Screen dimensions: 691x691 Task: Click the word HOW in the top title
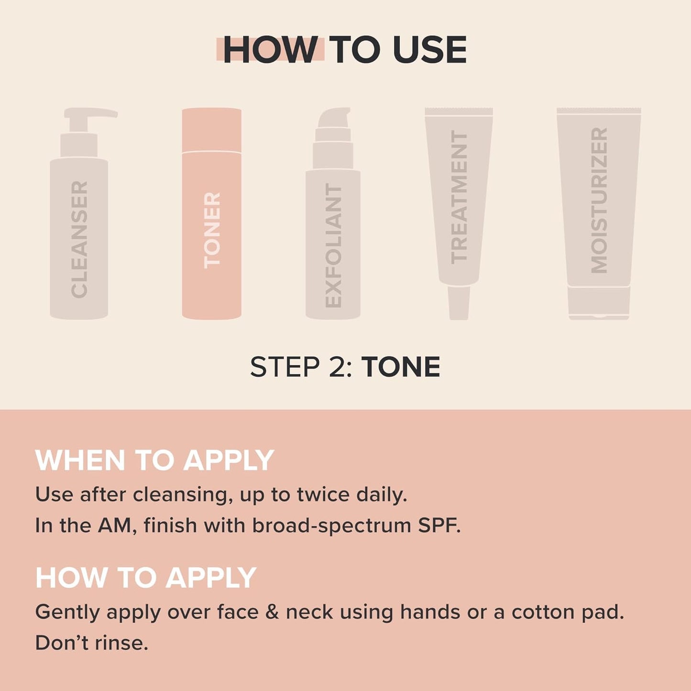click(x=271, y=50)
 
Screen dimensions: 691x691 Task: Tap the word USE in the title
click(x=429, y=50)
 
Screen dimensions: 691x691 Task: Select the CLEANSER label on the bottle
click(x=79, y=239)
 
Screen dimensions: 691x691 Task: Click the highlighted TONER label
click(x=212, y=230)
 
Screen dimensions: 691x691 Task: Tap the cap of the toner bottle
click(x=211, y=130)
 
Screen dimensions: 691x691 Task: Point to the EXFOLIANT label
click(x=333, y=245)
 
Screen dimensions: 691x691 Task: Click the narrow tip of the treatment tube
click(x=459, y=303)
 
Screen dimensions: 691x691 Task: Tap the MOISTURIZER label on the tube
click(x=599, y=200)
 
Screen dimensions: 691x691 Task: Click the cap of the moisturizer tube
click(x=599, y=302)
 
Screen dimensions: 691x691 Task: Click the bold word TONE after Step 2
click(x=400, y=367)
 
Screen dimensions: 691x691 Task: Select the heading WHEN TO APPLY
click(x=154, y=460)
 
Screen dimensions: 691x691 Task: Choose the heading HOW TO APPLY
click(x=146, y=578)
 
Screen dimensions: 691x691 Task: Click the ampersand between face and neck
click(x=272, y=612)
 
